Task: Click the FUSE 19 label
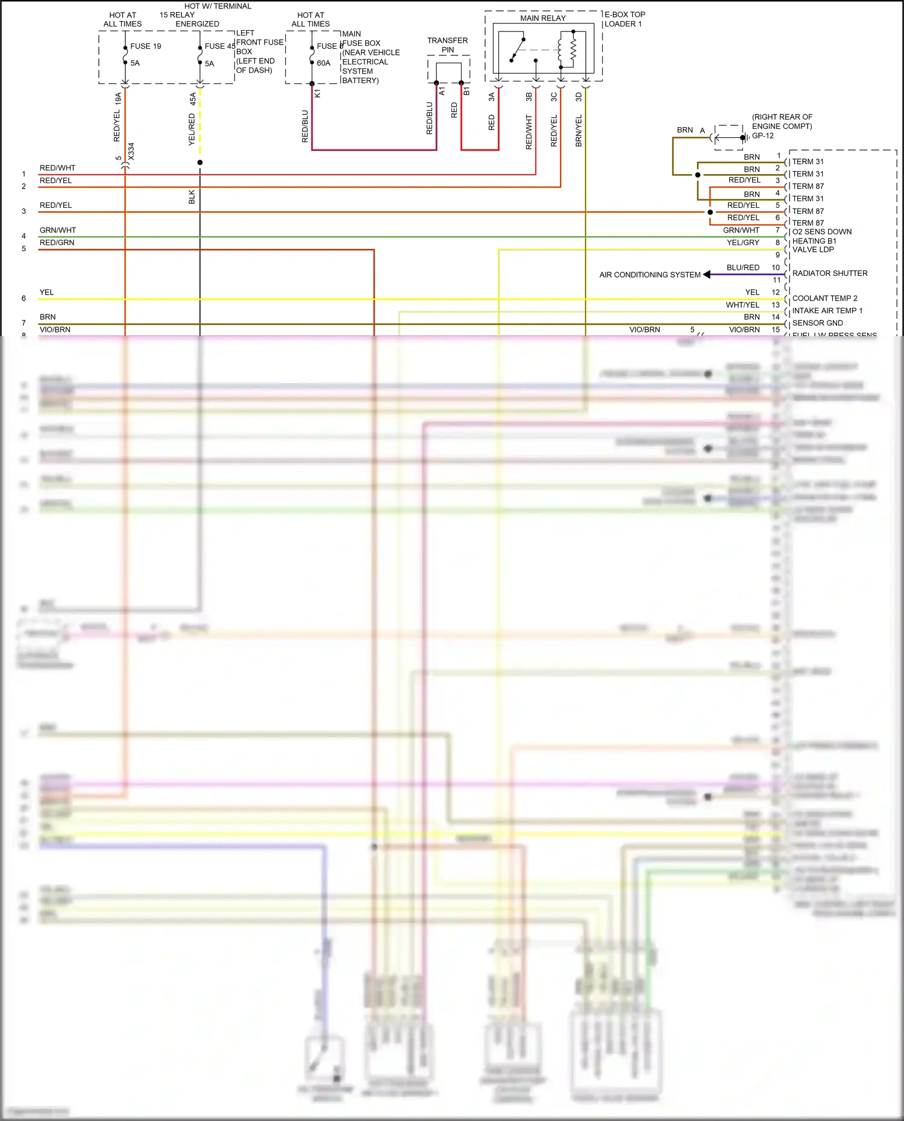pyautogui.click(x=145, y=46)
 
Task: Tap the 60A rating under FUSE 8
pyautogui.click(x=324, y=63)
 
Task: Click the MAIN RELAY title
pyautogui.click(x=542, y=18)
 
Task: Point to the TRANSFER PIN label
pyautogui.click(x=447, y=45)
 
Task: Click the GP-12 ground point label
pyautogui.click(x=762, y=136)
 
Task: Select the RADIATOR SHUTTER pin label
pyautogui.click(x=829, y=273)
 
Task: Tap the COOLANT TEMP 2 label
pyautogui.click(x=824, y=298)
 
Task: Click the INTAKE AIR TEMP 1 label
pyautogui.click(x=827, y=311)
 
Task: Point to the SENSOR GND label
pyautogui.click(x=817, y=323)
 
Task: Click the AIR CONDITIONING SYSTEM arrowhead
pyautogui.click(x=707, y=275)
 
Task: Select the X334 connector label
pyautogui.click(x=131, y=152)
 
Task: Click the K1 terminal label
pyautogui.click(x=318, y=93)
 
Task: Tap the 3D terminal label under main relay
pyautogui.click(x=579, y=96)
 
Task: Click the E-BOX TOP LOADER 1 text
pyautogui.click(x=624, y=19)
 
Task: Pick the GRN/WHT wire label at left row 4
pyautogui.click(x=58, y=230)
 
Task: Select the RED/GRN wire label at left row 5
pyautogui.click(x=57, y=243)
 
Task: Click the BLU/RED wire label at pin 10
pyautogui.click(x=742, y=267)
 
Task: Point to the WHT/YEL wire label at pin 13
pyautogui.click(x=742, y=305)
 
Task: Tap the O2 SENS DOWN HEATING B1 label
pyautogui.click(x=821, y=236)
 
